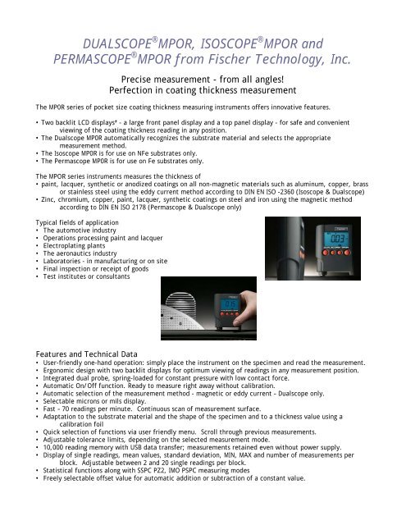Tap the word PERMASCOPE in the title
[x=96, y=60]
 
